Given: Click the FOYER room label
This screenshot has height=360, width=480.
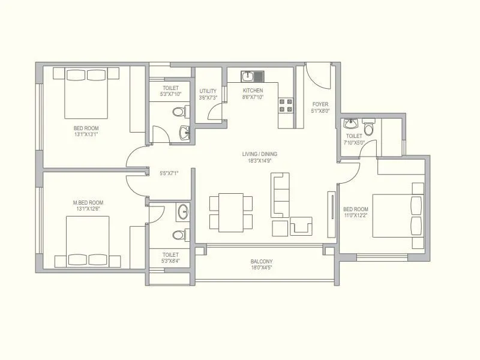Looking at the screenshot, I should tap(320, 104).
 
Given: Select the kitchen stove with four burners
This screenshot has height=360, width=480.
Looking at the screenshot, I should tap(285, 106).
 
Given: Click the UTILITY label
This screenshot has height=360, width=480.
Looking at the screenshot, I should tap(208, 91).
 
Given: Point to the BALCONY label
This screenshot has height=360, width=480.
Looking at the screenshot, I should tap(262, 261).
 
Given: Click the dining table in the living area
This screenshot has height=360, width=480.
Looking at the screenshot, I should tap(230, 212).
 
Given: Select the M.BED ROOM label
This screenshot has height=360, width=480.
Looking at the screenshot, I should tap(88, 203).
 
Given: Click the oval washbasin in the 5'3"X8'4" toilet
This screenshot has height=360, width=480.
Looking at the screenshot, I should tap(184, 211).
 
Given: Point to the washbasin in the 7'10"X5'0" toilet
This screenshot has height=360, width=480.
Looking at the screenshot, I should tap(350, 124).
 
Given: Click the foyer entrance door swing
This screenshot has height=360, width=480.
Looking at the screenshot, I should tap(316, 75).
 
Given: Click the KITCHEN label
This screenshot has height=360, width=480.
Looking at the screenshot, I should tap(253, 91).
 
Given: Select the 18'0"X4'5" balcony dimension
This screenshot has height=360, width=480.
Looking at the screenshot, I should tap(262, 268).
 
